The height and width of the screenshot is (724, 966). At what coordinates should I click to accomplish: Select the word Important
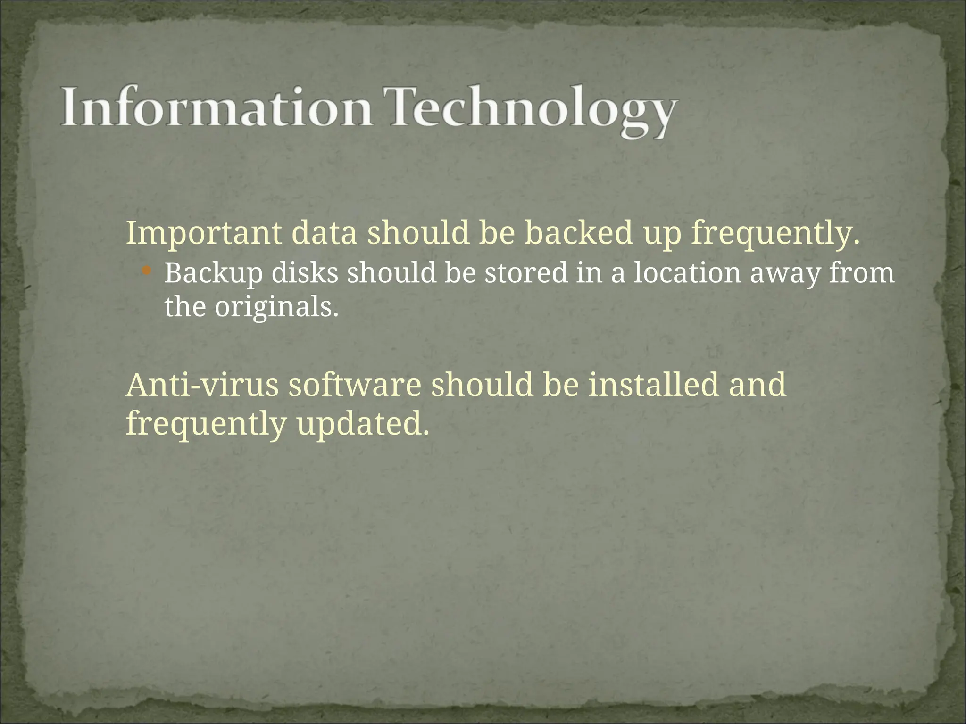pos(203,234)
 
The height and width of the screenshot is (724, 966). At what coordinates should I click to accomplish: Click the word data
pos(324,233)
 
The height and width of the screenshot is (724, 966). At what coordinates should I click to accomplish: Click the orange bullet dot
pos(146,271)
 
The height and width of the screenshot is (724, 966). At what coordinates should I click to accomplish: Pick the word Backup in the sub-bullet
pos(213,274)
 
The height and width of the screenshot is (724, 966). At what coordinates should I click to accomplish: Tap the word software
pos(354,385)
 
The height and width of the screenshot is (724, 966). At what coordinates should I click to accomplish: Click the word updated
pos(363,424)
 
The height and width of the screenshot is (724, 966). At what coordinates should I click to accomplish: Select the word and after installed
pos(758,385)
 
